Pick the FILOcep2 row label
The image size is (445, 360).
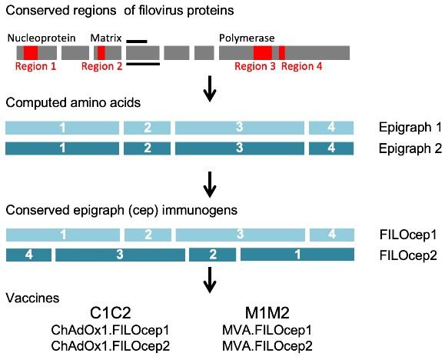(405, 255)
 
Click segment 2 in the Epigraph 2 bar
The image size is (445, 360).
(147, 147)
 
